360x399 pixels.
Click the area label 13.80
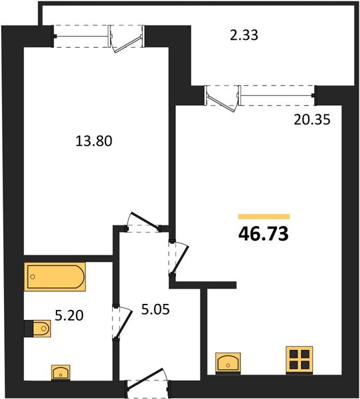point(94,141)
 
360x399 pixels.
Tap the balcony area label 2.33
point(244,35)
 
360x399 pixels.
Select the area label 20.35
point(312,119)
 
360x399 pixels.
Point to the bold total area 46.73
point(264,233)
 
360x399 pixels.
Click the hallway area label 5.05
point(155,310)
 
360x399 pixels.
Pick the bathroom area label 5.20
point(69,316)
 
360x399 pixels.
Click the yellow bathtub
point(55,277)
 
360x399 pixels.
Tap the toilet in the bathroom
point(42,329)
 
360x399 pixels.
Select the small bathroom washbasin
point(60,373)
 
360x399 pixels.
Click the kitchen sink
point(228,364)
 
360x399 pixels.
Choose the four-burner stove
point(300,360)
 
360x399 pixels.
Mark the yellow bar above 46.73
point(264,217)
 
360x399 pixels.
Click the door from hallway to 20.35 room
point(180,259)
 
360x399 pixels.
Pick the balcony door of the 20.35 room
point(223,99)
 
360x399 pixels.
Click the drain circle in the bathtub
point(33,277)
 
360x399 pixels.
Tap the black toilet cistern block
point(29,329)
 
